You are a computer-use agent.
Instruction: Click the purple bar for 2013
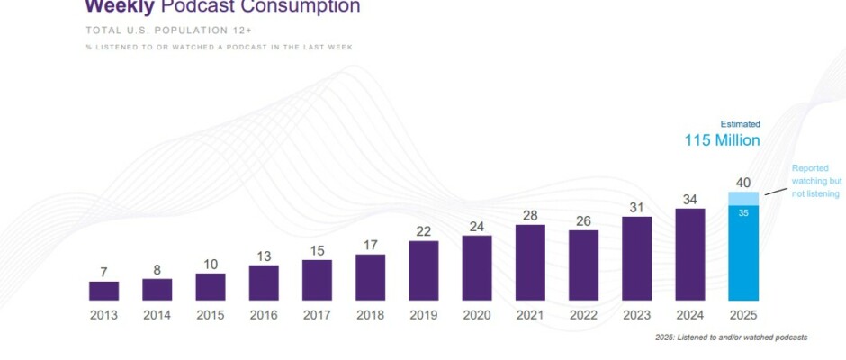tap(103, 290)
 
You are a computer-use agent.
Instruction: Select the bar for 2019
tap(424, 270)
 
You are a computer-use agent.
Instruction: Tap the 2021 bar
tap(530, 262)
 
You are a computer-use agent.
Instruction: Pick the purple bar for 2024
tap(690, 254)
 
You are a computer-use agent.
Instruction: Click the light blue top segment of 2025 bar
tap(743, 199)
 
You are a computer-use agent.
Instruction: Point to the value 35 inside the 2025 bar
tap(743, 214)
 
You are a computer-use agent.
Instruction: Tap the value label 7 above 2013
tap(103, 271)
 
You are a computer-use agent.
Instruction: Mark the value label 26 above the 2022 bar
tap(583, 220)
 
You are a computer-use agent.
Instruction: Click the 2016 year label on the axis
tap(264, 316)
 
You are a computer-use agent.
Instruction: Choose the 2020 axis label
tap(477, 316)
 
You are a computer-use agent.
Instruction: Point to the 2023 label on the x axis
tap(637, 316)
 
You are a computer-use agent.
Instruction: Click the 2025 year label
tap(743, 316)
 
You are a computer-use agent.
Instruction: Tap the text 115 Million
tap(723, 140)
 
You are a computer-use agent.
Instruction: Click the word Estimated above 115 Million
tap(740, 124)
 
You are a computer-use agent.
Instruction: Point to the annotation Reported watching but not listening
tap(815, 181)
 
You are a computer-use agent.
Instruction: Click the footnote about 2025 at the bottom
tap(732, 337)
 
